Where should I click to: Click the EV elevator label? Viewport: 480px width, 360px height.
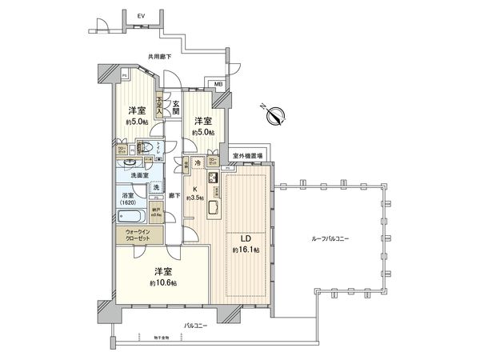coord(141,14)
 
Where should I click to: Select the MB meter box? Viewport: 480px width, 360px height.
coord(218,83)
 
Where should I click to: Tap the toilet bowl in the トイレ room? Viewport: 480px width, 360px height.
coord(146,147)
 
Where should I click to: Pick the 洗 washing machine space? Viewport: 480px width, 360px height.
coord(155,186)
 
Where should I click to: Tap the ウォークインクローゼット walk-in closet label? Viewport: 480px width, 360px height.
coord(140,237)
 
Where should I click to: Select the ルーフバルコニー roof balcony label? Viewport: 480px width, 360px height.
coord(330,240)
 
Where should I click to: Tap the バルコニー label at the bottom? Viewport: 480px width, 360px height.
coord(196,325)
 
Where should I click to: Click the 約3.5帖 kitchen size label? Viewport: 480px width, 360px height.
coord(197,197)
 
